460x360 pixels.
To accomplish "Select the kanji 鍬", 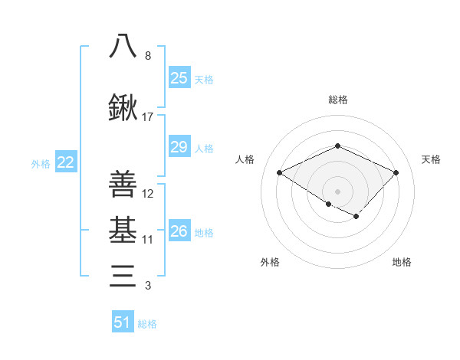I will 123,109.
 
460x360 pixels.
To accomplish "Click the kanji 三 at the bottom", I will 123,275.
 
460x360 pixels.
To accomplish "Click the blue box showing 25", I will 179,78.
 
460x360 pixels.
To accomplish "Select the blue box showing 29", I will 179,147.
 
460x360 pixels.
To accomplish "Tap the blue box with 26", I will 179,231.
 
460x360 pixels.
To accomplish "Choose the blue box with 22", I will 65,162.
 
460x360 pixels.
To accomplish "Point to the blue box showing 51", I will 123,322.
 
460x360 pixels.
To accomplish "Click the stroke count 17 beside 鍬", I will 148,117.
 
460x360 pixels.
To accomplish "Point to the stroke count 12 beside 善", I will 148,194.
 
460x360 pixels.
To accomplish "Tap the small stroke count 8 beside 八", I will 148,56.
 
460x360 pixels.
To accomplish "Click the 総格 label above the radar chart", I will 337,100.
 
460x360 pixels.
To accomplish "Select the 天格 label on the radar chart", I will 431,159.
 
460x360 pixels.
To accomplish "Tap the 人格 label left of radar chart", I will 245,159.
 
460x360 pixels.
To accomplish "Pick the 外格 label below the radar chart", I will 270,262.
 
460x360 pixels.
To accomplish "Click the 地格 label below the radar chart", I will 402,262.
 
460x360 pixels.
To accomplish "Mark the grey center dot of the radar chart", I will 337,190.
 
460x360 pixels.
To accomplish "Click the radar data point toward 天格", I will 396,173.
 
